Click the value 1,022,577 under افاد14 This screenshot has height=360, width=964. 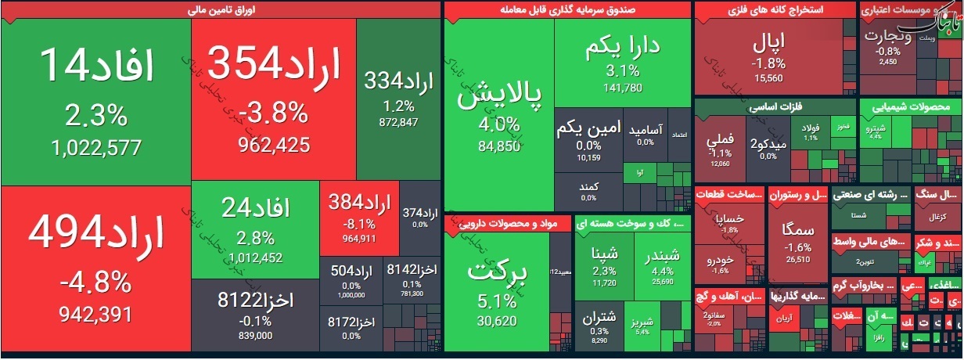coord(95,147)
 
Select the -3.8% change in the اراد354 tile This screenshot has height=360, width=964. coord(274,114)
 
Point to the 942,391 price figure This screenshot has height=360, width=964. coord(95,314)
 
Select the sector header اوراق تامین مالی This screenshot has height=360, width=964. coord(220,10)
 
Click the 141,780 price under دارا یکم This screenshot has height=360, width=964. coord(623,87)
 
